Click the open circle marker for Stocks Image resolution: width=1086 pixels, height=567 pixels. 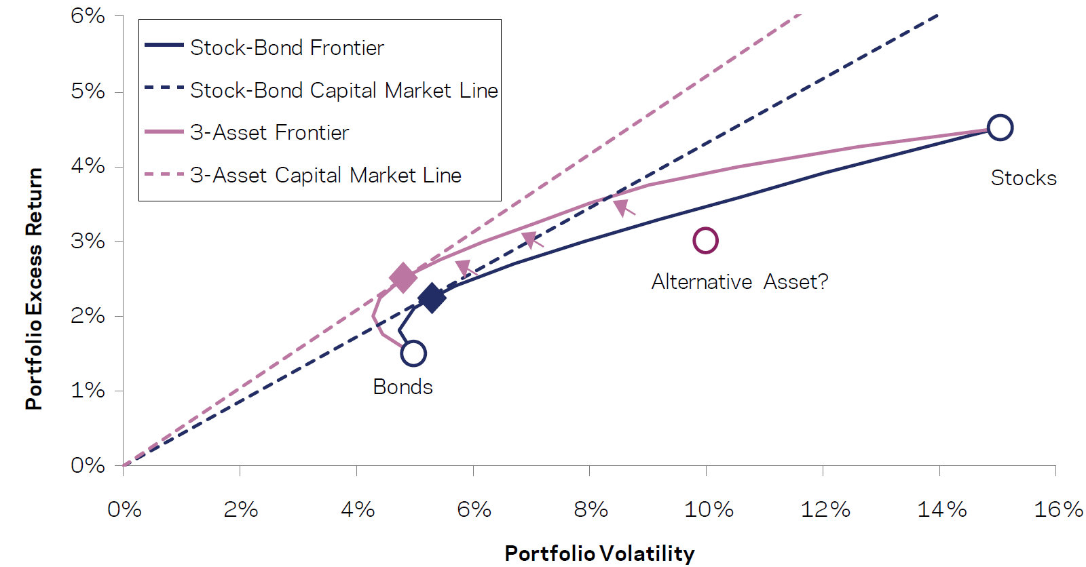pyautogui.click(x=1000, y=128)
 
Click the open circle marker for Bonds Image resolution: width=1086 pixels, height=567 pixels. pyautogui.click(x=413, y=353)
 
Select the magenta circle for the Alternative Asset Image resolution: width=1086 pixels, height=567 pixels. pyautogui.click(x=706, y=240)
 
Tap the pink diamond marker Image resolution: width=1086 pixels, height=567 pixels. pyautogui.click(x=403, y=277)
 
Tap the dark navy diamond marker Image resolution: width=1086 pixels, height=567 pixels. pyautogui.click(x=432, y=298)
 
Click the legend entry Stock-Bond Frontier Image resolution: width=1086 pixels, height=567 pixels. pyautogui.click(x=286, y=47)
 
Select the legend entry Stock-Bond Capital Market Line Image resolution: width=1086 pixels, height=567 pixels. pyautogui.click(x=343, y=90)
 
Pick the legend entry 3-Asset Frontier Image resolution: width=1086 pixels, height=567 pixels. pyautogui.click(x=269, y=132)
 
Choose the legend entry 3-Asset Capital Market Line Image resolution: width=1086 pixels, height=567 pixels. pyautogui.click(x=325, y=175)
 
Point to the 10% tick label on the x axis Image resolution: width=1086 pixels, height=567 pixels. pyautogui.click(x=709, y=509)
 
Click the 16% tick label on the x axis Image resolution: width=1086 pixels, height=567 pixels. pyautogui.click(x=1057, y=509)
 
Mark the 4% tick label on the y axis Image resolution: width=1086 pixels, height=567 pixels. pyautogui.click(x=88, y=165)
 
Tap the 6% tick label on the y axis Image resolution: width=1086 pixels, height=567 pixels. pyautogui.click(x=88, y=16)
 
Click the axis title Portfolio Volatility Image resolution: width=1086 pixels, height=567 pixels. pyautogui.click(x=599, y=553)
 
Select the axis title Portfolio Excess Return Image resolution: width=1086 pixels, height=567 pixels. pyautogui.click(x=34, y=288)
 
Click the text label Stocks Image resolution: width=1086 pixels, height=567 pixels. pyautogui.click(x=1024, y=178)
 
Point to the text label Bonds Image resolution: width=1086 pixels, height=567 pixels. pyautogui.click(x=402, y=387)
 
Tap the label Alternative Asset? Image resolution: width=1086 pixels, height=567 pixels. pyautogui.click(x=740, y=281)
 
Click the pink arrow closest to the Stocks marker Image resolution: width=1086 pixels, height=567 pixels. pyautogui.click(x=623, y=208)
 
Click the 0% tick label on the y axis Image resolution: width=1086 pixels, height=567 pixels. pyautogui.click(x=88, y=465)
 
